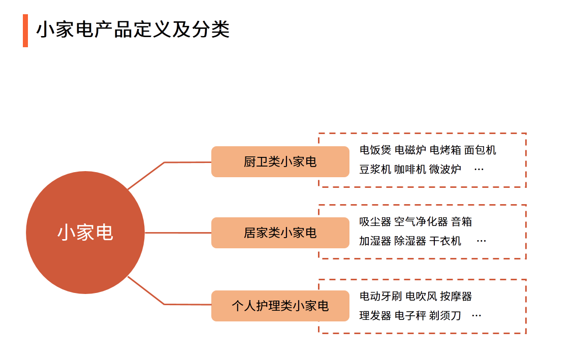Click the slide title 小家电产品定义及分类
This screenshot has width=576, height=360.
coord(133,30)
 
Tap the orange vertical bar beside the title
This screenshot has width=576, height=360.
coord(25,30)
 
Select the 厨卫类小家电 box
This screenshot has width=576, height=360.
coord(280,161)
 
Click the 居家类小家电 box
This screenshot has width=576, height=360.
coord(280,233)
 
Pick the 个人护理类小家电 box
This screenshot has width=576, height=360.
coord(280,306)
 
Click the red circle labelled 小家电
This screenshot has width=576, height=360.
coord(85,233)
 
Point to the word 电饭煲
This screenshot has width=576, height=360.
coord(375,150)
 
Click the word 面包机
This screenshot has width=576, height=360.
coord(480,150)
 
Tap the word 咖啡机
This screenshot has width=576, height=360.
coord(410,170)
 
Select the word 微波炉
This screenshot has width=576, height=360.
coord(445,170)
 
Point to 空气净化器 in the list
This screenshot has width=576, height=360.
coord(421,222)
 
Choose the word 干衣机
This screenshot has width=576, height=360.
coord(445,241)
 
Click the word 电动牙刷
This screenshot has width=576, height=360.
coord(380,297)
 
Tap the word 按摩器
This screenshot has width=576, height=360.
coord(456,297)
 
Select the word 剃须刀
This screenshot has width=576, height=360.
coord(445,315)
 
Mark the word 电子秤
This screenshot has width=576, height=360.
coord(410,315)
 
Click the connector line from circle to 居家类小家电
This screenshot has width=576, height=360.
coord(178,233)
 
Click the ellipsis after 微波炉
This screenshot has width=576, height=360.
coord(479,170)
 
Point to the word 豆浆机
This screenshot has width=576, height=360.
coord(375,170)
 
